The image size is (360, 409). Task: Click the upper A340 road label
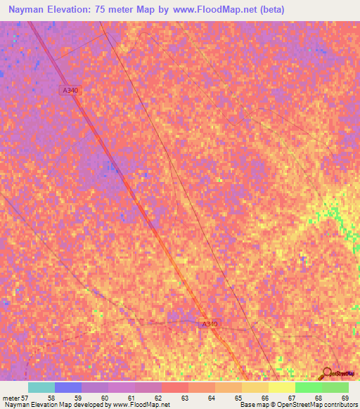pyautogui.click(x=69, y=90)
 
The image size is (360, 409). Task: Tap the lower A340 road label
pyautogui.click(x=210, y=324)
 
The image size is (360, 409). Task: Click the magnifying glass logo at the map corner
pyautogui.click(x=328, y=373)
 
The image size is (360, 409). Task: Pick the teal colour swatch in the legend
pyautogui.click(x=41, y=387)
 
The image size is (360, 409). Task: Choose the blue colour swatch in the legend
pyautogui.click(x=68, y=387)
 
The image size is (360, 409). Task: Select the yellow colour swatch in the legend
pyautogui.click(x=281, y=387)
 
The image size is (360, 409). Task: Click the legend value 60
pyautogui.click(x=103, y=398)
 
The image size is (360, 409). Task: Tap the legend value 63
pyautogui.click(x=184, y=398)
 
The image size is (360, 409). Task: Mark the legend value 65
pyautogui.click(x=237, y=398)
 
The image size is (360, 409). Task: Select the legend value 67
pyautogui.click(x=290, y=398)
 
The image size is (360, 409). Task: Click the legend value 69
pyautogui.click(x=344, y=398)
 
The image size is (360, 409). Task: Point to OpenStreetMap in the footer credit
pyautogui.click(x=293, y=405)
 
